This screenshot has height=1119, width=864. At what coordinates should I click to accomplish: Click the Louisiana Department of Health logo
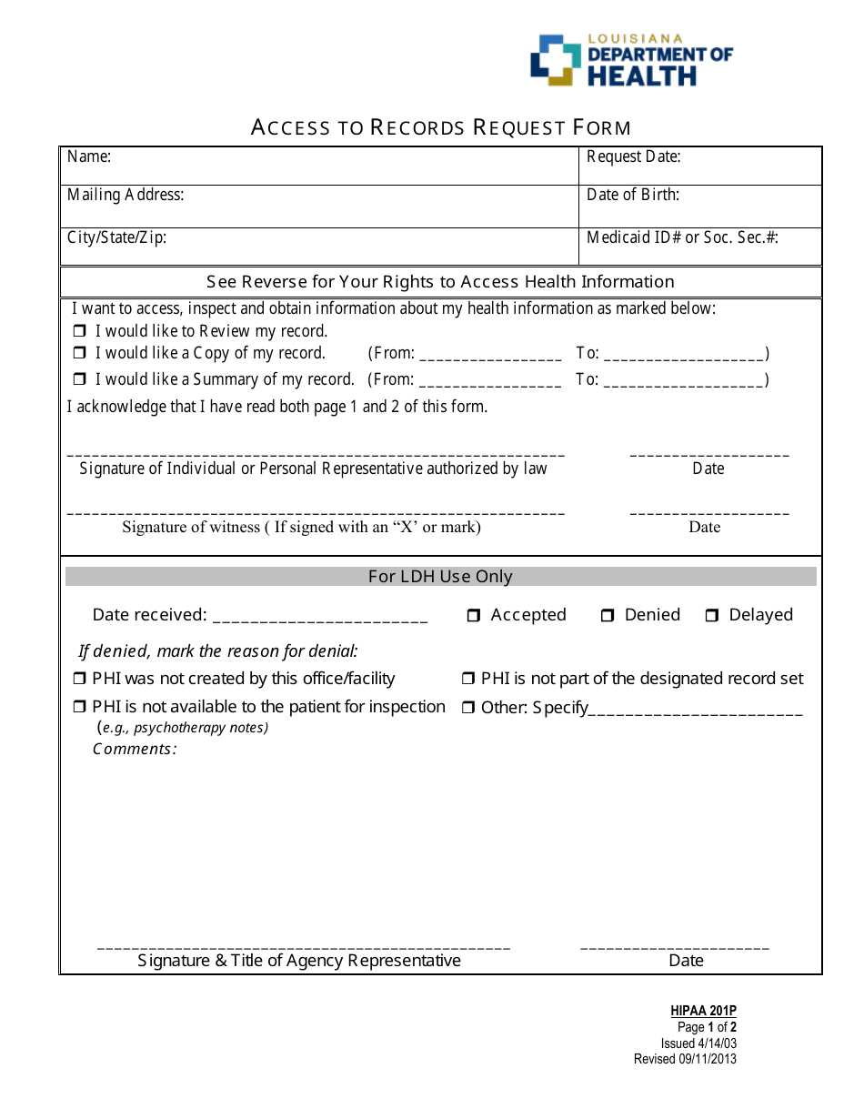[631, 61]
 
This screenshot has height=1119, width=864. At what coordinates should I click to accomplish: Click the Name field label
[89, 156]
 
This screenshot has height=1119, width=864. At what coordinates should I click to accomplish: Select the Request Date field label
[633, 156]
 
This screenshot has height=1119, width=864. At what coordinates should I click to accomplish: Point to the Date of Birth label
[633, 195]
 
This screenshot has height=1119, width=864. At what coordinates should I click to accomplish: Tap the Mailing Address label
[126, 195]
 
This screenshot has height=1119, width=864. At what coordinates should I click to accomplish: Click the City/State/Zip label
[116, 238]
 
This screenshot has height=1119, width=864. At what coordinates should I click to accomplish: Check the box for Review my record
[79, 331]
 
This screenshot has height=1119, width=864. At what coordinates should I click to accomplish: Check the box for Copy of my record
[79, 353]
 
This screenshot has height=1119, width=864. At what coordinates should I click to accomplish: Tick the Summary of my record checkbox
[79, 379]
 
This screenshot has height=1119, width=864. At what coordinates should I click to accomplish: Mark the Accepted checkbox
[474, 616]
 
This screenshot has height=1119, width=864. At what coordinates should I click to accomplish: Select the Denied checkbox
[608, 616]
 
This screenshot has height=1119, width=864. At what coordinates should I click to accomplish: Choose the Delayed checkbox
[712, 616]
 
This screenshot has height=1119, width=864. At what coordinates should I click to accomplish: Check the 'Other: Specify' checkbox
[468, 708]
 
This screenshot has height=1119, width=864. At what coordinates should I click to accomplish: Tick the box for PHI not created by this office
[79, 679]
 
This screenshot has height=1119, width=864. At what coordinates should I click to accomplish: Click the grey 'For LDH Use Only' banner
[440, 577]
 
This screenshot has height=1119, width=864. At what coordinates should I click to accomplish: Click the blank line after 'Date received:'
[320, 617]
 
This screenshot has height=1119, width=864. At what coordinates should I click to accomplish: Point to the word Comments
[135, 750]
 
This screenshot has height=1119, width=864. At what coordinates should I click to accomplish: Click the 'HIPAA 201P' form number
[703, 1011]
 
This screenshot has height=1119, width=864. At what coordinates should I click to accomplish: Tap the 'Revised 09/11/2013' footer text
[685, 1059]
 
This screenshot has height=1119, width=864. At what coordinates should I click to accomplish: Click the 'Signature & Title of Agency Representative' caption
[299, 961]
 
